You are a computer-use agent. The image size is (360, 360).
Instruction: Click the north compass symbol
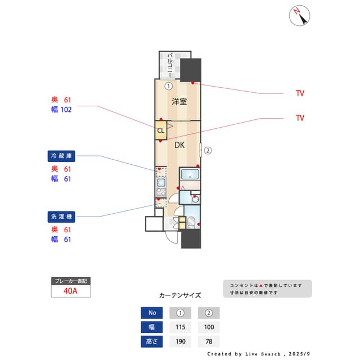point(299,16)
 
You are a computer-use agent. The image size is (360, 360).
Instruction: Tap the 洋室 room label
point(179,101)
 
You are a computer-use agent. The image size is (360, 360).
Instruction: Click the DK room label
point(179,145)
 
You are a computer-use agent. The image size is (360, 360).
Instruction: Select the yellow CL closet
point(161,130)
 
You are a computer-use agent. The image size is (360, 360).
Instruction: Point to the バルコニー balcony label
point(170,65)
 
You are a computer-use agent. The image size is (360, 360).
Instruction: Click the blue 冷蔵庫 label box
point(61,156)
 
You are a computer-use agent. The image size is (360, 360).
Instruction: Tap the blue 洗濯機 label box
point(61,217)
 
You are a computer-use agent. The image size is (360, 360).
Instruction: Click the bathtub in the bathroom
point(190,174)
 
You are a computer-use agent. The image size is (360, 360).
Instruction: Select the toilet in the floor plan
point(191,222)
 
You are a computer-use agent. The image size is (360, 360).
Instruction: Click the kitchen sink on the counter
point(161,183)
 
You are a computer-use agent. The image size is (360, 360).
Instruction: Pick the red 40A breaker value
point(70,291)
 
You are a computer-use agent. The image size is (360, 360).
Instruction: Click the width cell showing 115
point(180,327)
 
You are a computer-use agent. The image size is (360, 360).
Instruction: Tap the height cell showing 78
point(209,341)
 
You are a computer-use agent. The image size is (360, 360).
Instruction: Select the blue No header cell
point(152,313)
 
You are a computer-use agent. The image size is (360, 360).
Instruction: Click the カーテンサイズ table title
point(180,295)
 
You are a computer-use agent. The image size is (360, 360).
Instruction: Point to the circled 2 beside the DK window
point(208,151)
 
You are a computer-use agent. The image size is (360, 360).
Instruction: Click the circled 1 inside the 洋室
point(169,86)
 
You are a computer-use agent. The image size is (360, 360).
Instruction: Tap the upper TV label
point(300,93)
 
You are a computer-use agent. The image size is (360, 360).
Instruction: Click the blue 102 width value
point(66,110)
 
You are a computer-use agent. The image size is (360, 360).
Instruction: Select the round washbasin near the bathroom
point(195,199)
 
